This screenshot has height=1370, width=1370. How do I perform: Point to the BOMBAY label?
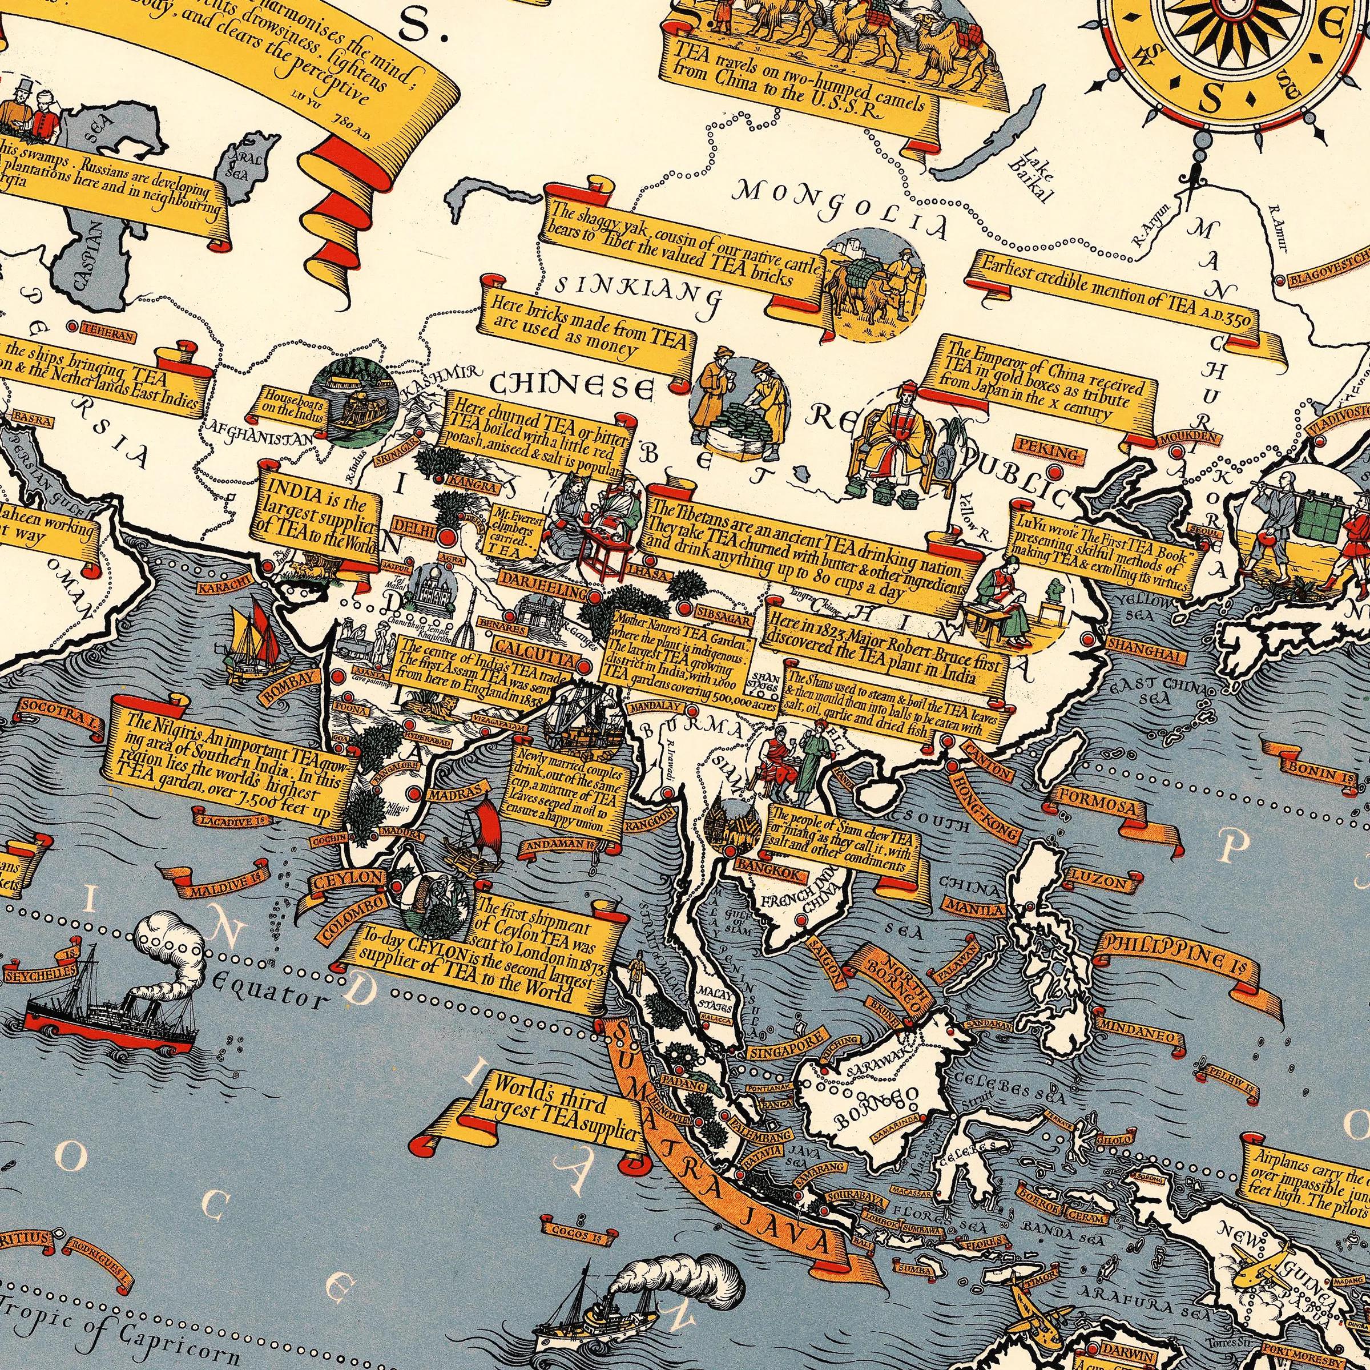288,686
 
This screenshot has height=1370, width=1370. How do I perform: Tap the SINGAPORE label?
785,1044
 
